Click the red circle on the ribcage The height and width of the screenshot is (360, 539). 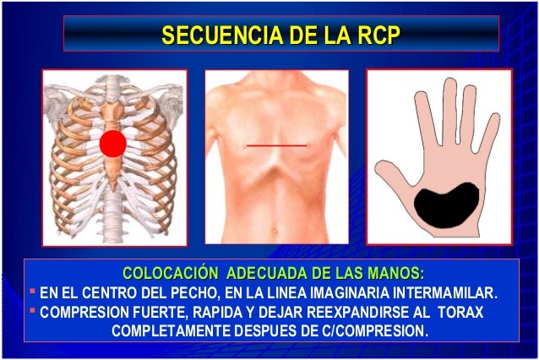pyautogui.click(x=112, y=145)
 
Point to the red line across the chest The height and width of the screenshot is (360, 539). pyautogui.click(x=276, y=146)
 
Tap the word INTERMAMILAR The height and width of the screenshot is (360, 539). pyautogui.click(x=449, y=294)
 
